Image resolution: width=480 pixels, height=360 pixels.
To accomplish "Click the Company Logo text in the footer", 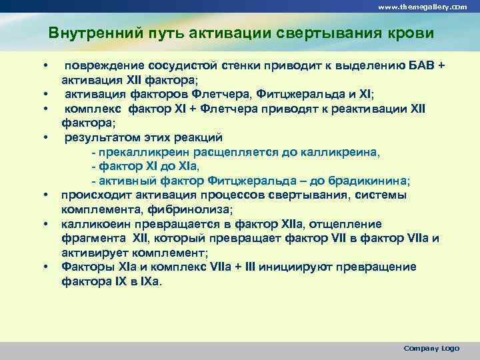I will (432, 348).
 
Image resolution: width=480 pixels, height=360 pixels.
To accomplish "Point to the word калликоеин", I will (93, 224).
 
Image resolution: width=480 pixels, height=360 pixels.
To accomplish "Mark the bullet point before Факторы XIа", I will (46, 267).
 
